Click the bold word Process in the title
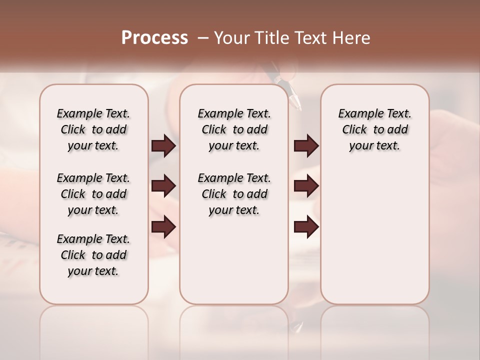154,38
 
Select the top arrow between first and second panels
164,146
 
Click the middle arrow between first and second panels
164,186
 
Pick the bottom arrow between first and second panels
164,227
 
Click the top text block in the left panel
93,129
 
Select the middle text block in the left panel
93,194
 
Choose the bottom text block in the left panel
93,255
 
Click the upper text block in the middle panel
234,129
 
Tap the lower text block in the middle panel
234,194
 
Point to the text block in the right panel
374,129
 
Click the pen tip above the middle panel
297,106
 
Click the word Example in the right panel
357,114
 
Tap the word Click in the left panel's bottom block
73,255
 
